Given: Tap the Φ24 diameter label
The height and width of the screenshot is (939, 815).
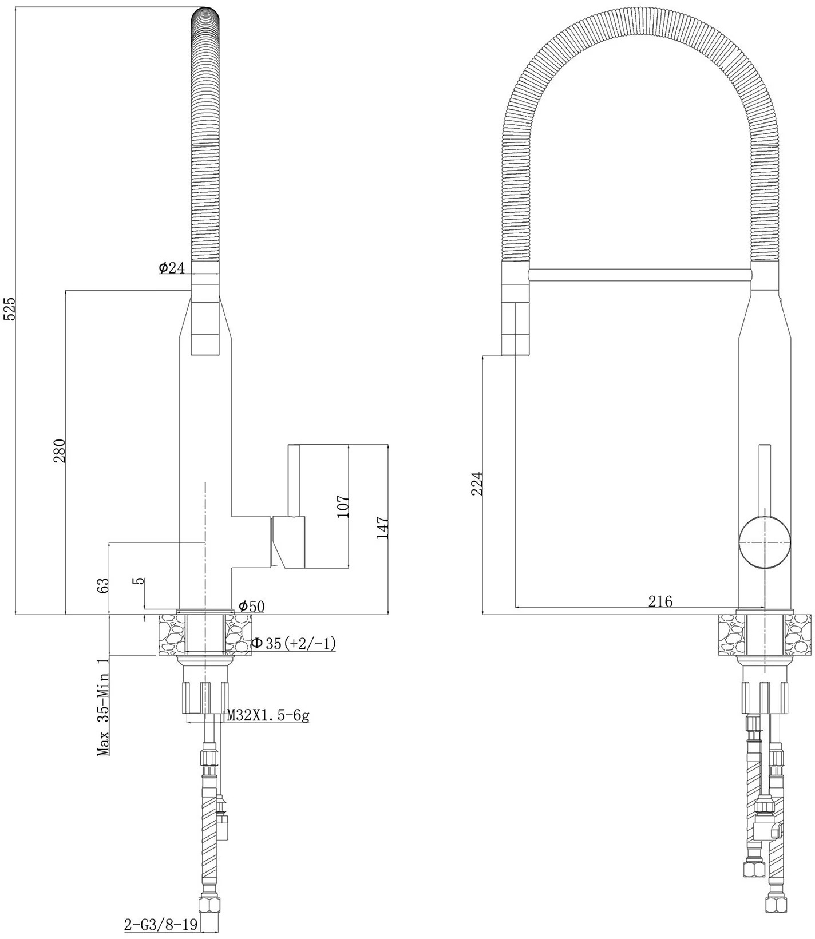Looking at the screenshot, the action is tap(172, 267).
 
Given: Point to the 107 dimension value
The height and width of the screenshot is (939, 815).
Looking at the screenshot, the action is tap(343, 506).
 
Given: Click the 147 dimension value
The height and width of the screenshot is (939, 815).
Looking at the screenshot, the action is tap(382, 528).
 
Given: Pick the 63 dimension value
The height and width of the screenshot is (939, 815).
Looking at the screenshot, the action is tap(103, 585).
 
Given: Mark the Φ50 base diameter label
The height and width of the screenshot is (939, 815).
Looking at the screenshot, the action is tap(251, 606).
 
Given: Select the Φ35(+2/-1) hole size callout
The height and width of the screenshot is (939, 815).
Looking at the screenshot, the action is tap(293, 643).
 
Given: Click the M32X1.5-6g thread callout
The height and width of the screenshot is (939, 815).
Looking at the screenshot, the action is tap(268, 715).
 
